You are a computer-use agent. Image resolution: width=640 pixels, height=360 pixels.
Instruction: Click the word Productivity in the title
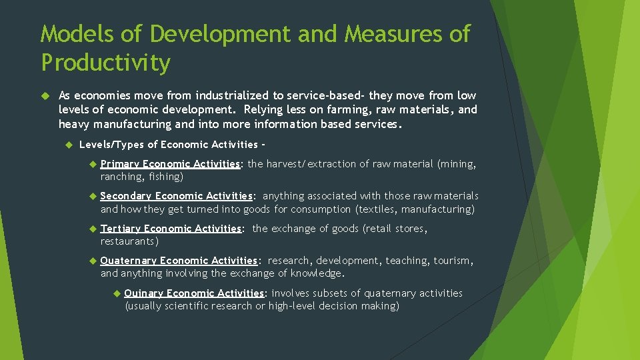(x=105, y=63)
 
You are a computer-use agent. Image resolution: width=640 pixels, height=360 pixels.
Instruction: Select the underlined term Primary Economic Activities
(x=170, y=164)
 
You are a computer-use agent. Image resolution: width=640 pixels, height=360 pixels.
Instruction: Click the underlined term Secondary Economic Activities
(x=176, y=196)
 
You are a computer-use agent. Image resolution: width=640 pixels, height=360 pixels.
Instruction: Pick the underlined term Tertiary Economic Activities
(x=171, y=229)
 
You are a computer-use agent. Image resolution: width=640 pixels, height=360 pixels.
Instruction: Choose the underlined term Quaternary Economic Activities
(x=179, y=261)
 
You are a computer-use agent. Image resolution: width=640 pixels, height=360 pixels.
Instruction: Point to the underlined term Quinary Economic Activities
(x=194, y=293)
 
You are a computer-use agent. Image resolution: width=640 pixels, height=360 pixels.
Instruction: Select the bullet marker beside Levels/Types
(x=68, y=145)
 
